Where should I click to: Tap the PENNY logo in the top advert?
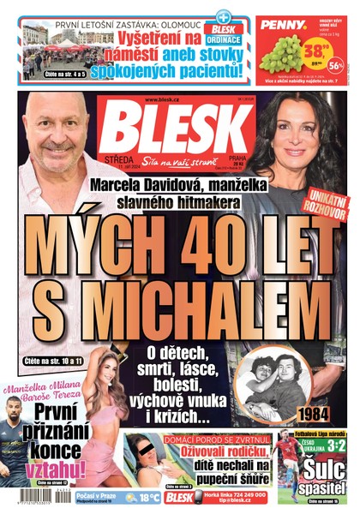[279, 26]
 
